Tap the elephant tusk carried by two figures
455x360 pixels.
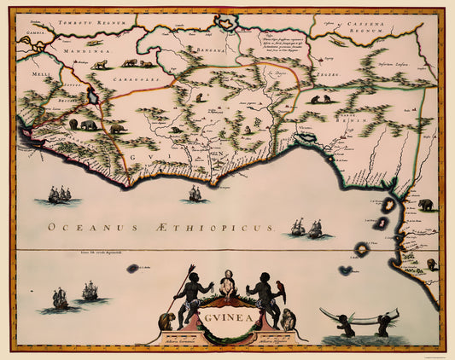[x=359, y=316]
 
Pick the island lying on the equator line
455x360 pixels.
[x=362, y=249]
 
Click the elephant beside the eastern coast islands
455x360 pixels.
[x=425, y=205]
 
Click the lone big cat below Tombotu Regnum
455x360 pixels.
[x=101, y=64]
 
